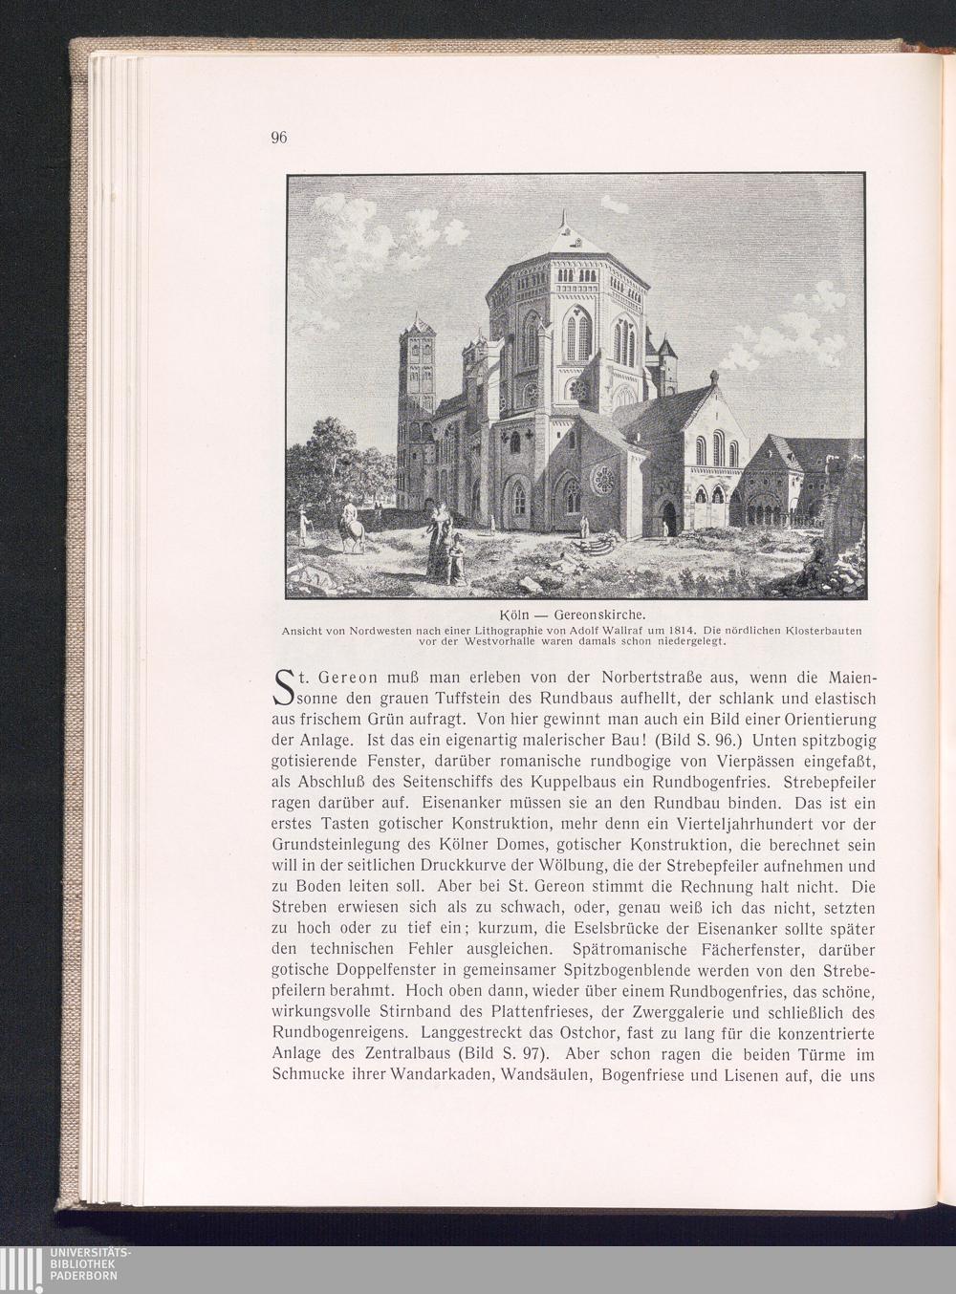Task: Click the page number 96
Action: coord(279,137)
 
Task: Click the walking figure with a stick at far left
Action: coord(303,525)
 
